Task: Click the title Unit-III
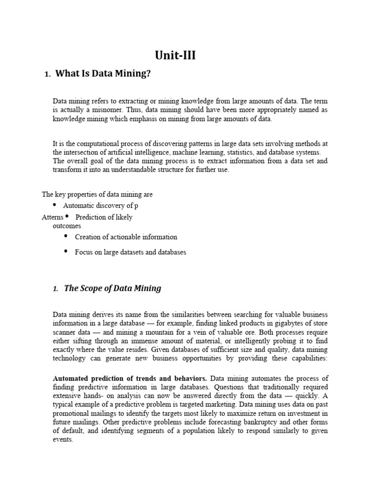175,55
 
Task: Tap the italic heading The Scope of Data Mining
113,288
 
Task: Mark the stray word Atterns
52,217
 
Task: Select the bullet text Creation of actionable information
126,237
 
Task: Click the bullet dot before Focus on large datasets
66,252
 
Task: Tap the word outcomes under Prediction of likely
67,226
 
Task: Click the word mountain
135,331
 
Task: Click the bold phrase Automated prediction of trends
130,378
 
